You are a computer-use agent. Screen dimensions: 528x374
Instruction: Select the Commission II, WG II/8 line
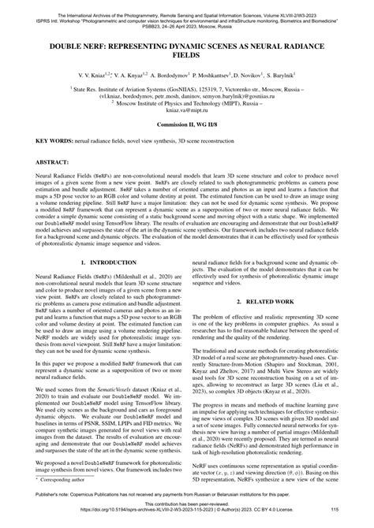[187, 126]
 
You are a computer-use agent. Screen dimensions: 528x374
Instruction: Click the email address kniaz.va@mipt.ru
[187, 113]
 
